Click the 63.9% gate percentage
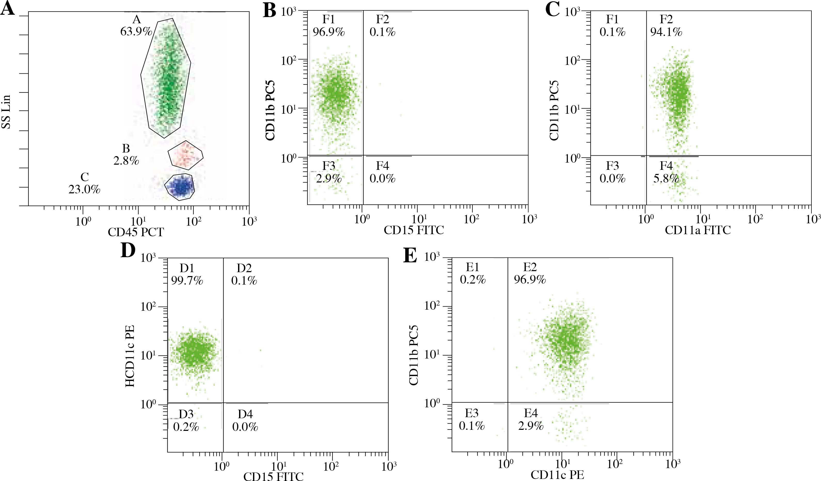[136, 32]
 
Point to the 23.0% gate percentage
[84, 189]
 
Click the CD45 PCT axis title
[136, 232]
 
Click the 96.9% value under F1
[329, 32]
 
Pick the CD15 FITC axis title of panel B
[414, 230]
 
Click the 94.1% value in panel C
[666, 32]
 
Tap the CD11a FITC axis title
[698, 230]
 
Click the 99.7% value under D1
[187, 280]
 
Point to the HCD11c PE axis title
[130, 356]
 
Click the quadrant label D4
[245, 414]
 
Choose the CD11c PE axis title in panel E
[557, 475]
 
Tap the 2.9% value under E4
[531, 426]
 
